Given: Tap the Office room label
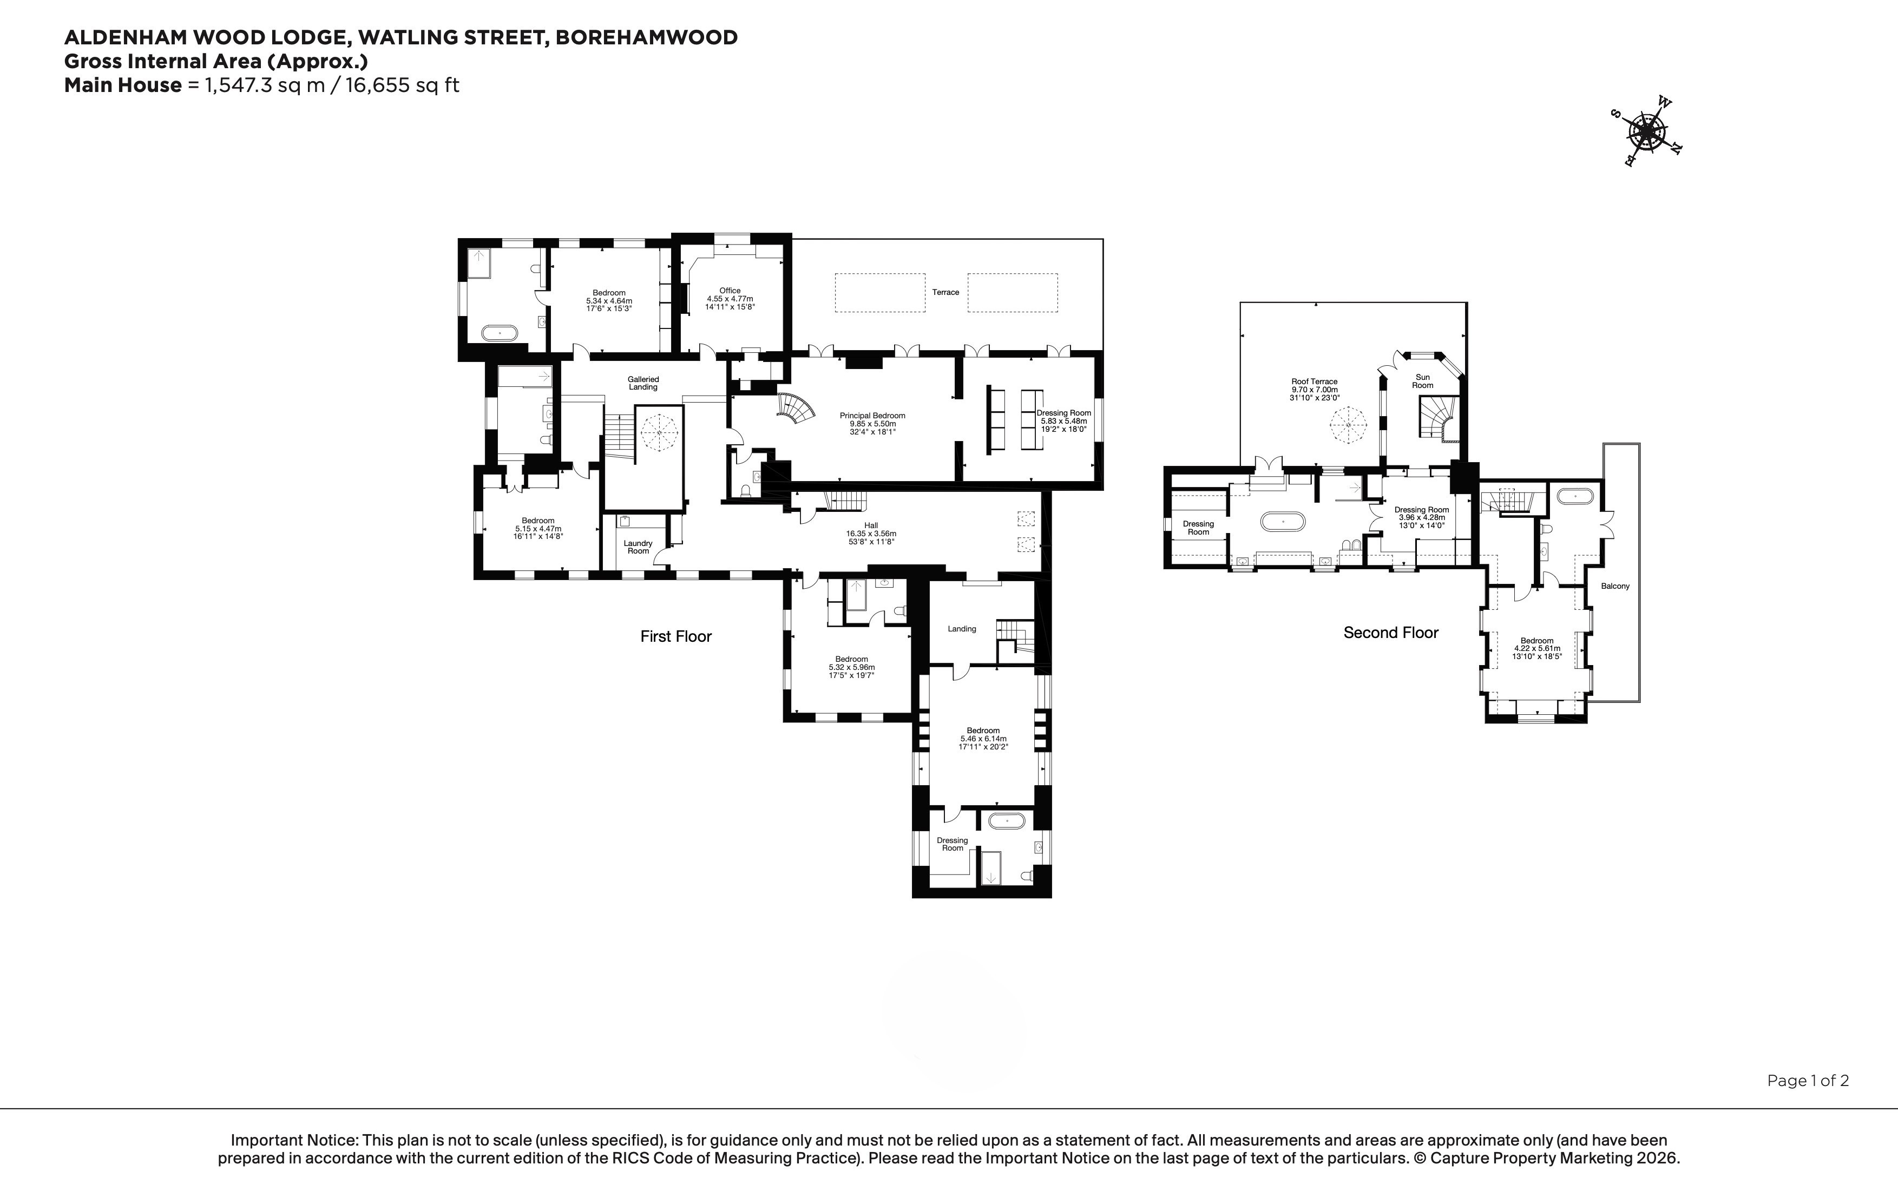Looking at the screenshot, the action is pyautogui.click(x=730, y=291).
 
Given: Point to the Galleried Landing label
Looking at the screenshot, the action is pyautogui.click(x=643, y=383).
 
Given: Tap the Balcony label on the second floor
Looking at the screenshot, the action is pyautogui.click(x=1615, y=586).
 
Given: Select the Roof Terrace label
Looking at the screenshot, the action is pyautogui.click(x=1314, y=381).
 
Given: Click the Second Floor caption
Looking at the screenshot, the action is pyautogui.click(x=1391, y=633).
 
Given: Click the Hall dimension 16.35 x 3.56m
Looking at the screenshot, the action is pyautogui.click(x=871, y=534).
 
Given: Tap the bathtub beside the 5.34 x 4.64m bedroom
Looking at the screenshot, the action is pyautogui.click(x=500, y=333).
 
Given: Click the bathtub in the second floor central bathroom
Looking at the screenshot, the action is pyautogui.click(x=1283, y=522).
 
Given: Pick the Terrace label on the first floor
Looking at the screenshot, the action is pyautogui.click(x=946, y=292).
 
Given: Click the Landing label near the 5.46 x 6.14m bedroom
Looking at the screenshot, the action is pyautogui.click(x=962, y=629).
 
